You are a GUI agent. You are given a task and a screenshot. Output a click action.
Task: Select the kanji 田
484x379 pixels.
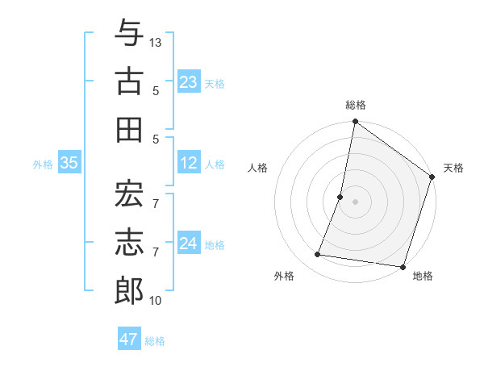pyautogui.click(x=129, y=129)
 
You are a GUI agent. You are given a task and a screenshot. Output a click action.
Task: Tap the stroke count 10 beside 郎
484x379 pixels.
pyautogui.click(x=156, y=301)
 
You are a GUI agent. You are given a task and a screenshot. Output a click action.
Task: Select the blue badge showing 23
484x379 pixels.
pyautogui.click(x=189, y=81)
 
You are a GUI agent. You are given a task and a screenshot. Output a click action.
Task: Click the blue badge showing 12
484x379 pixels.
pyautogui.click(x=189, y=163)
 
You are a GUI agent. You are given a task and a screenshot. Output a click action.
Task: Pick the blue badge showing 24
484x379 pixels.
pyautogui.click(x=189, y=244)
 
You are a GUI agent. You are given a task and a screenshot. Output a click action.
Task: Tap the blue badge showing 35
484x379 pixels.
pyautogui.click(x=69, y=163)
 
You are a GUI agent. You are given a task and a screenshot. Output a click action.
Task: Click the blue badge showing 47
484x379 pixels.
pyautogui.click(x=129, y=339)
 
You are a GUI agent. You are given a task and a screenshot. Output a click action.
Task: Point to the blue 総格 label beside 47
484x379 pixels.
pyautogui.click(x=155, y=341)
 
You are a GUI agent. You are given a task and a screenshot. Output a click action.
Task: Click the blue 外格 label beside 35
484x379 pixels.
pyautogui.click(x=43, y=165)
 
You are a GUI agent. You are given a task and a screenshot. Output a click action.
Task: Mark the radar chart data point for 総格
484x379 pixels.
pyautogui.click(x=355, y=123)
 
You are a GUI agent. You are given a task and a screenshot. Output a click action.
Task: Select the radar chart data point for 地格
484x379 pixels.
pyautogui.click(x=403, y=266)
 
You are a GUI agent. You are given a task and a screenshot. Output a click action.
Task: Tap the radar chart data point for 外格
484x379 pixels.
pyautogui.click(x=318, y=255)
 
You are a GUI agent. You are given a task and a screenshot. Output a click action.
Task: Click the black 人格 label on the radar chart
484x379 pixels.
pyautogui.click(x=257, y=168)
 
